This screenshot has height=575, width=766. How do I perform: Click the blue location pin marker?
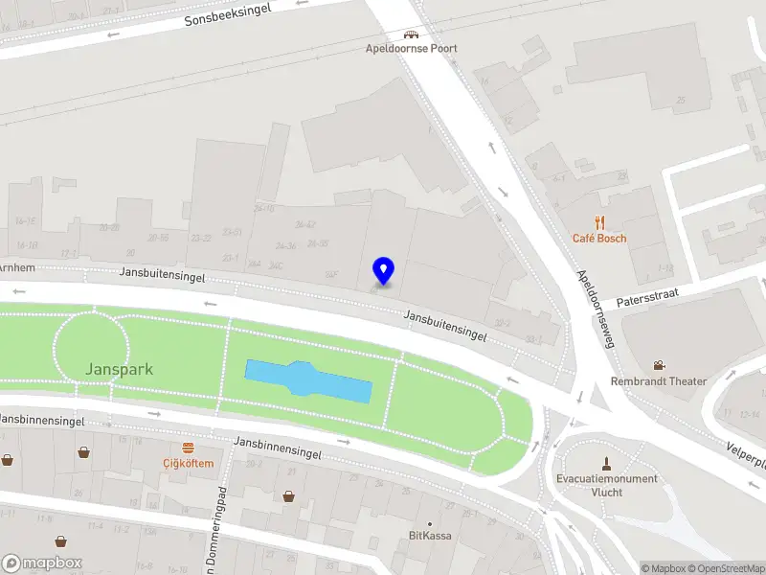(383, 271)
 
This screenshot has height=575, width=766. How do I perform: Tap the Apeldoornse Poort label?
(411, 49)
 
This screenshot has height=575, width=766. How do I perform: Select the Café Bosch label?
(599, 238)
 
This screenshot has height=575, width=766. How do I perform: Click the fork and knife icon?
(599, 222)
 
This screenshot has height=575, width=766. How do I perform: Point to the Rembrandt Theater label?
(659, 381)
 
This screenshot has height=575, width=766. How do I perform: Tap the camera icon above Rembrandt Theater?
(659, 365)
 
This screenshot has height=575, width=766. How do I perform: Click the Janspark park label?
(119, 369)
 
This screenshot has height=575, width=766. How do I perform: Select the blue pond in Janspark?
(308, 381)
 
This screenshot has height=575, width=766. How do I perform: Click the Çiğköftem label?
(188, 464)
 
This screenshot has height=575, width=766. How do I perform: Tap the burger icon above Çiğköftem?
(188, 448)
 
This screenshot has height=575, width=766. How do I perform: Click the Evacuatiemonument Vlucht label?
(607, 485)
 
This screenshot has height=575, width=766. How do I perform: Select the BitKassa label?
(430, 536)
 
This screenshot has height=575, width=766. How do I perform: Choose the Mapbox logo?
(42, 563)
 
